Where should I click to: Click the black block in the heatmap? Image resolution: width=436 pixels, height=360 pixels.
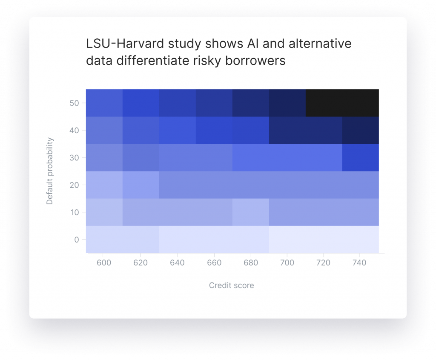(342, 103)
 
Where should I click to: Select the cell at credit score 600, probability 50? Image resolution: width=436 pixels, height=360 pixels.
(104, 103)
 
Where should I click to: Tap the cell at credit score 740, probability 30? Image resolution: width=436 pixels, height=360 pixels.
(360, 157)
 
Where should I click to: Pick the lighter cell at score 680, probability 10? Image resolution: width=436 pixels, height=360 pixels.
(251, 212)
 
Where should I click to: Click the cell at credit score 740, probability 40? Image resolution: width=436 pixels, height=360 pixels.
(360, 130)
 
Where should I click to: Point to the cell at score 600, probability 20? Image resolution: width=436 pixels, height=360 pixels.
(104, 185)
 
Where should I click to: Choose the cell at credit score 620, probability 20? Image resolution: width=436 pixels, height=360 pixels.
(141, 185)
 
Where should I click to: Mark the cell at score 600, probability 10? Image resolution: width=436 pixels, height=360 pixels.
(104, 212)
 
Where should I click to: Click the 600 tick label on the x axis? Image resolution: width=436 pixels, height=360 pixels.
(104, 263)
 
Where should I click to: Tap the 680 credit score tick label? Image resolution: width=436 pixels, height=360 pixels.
(251, 263)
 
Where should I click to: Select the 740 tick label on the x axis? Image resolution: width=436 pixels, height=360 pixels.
(359, 263)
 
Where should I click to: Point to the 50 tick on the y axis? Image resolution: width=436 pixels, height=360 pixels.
(74, 103)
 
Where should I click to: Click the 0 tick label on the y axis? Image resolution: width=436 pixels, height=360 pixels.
(77, 240)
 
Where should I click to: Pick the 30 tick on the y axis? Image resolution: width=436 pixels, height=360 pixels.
(74, 157)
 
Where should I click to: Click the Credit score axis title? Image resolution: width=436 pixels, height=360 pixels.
(231, 286)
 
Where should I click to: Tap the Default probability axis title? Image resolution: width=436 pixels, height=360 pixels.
(49, 171)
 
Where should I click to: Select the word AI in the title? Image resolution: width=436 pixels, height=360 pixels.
(251, 44)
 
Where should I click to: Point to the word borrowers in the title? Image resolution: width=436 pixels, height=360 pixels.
(255, 60)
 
